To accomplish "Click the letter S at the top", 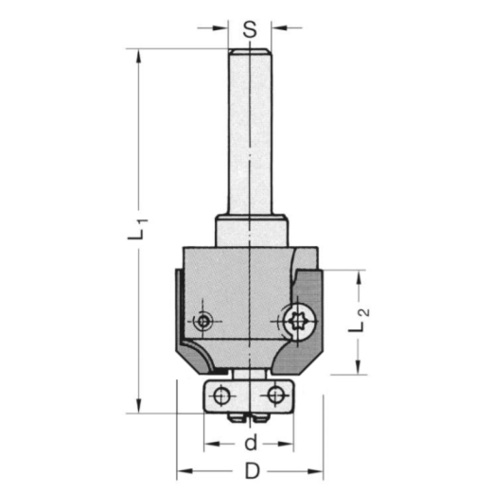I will (x=249, y=28).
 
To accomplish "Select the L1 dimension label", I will (x=137, y=231).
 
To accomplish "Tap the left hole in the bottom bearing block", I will (x=221, y=393).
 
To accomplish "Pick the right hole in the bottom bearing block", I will (x=275, y=393).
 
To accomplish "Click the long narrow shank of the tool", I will (x=249, y=132).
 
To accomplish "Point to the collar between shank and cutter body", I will (x=249, y=230).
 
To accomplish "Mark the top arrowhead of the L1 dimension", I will (x=140, y=55).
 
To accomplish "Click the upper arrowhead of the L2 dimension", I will (x=358, y=277).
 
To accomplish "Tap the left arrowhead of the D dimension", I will (x=182, y=470).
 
